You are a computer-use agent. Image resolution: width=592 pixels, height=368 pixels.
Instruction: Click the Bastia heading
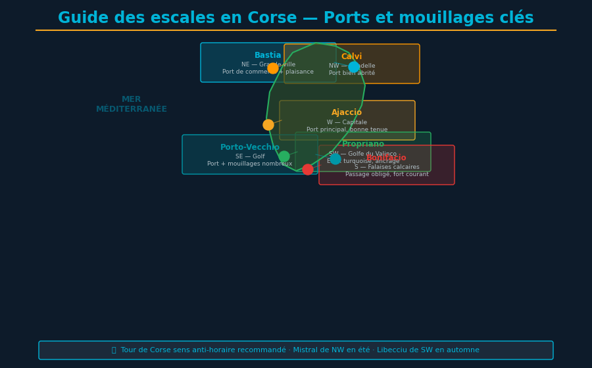(268, 56)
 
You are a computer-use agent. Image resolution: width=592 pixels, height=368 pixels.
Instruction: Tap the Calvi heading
(352, 57)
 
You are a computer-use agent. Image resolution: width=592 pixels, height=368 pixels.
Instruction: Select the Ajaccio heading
(347, 113)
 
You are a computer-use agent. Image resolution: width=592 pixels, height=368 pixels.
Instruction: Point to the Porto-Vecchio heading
(250, 148)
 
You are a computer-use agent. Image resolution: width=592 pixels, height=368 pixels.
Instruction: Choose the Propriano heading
(363, 145)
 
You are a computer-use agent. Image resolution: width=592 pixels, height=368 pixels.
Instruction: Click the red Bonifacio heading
(387, 158)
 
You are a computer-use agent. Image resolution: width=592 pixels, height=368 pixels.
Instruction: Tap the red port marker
(308, 170)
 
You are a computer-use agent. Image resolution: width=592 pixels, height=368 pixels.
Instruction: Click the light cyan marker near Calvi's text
(354, 67)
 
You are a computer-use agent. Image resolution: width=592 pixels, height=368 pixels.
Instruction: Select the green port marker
(284, 156)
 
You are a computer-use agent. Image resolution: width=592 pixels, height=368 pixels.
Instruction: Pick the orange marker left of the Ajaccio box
(268, 125)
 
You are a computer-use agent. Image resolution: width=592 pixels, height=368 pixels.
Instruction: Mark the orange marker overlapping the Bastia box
(273, 68)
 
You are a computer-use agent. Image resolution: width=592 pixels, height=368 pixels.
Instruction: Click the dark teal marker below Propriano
(335, 159)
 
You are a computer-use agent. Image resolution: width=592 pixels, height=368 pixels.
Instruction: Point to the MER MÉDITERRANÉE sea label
(132, 104)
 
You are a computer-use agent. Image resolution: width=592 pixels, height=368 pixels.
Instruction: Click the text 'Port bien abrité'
(352, 74)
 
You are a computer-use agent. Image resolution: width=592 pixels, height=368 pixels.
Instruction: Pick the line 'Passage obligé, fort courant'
(387, 175)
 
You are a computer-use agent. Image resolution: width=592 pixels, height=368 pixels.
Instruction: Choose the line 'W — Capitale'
(347, 123)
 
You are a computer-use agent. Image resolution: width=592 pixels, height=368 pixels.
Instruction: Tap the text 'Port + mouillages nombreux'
(250, 164)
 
